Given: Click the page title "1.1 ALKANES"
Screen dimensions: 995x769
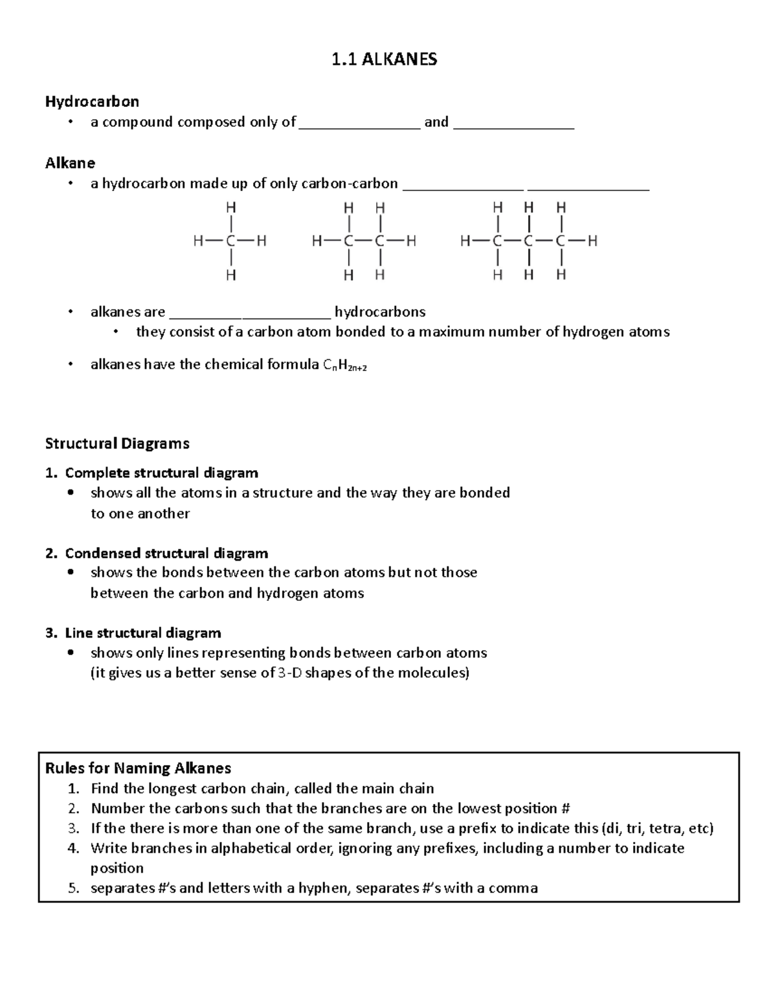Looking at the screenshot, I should pyautogui.click(x=384, y=60).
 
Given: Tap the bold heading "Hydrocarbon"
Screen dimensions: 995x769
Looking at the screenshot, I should pyautogui.click(x=92, y=101).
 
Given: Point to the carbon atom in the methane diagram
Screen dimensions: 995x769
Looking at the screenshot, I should pyautogui.click(x=230, y=242).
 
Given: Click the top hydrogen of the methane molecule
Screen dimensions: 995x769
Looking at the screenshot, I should pyautogui.click(x=230, y=208).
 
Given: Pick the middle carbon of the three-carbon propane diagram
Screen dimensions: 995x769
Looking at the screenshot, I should pyautogui.click(x=529, y=242).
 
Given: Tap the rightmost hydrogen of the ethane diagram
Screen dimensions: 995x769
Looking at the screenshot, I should pyautogui.click(x=411, y=242).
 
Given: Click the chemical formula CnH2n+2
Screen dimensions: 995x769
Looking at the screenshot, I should pyautogui.click(x=345, y=365).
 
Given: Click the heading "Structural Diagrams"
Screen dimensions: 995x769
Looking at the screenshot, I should pyautogui.click(x=117, y=443).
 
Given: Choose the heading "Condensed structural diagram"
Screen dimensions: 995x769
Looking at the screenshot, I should pyautogui.click(x=166, y=553).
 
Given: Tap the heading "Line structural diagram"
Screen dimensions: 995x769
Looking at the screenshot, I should pyautogui.click(x=142, y=633).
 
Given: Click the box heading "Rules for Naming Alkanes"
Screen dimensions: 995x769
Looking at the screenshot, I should pyautogui.click(x=138, y=768).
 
